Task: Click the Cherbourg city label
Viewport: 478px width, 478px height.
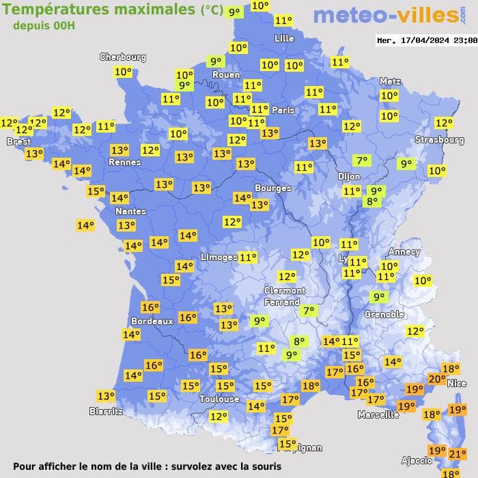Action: coord(123,57)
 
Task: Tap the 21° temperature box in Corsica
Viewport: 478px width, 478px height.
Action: coord(458,453)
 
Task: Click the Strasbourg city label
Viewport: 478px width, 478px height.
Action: coord(439,140)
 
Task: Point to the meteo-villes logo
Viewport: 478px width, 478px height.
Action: coord(386,15)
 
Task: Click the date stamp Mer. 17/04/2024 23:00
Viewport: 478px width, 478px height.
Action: coord(426,40)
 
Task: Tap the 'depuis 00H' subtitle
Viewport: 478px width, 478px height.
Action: coord(44,25)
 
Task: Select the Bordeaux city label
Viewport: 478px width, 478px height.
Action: coord(152,321)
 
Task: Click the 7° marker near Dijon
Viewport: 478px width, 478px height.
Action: coord(361,161)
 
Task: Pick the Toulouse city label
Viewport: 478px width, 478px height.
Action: coord(219,399)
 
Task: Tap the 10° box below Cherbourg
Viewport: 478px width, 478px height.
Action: coord(124,72)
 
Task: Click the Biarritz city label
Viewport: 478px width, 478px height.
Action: coord(107,411)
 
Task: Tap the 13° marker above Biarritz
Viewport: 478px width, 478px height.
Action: coord(106,396)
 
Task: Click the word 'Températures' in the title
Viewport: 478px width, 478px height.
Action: coord(55,9)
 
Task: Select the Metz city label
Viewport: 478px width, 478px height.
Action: coord(390,81)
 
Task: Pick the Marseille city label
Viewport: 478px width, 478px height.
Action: coord(378,414)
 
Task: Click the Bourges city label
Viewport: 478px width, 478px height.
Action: coord(272,188)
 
